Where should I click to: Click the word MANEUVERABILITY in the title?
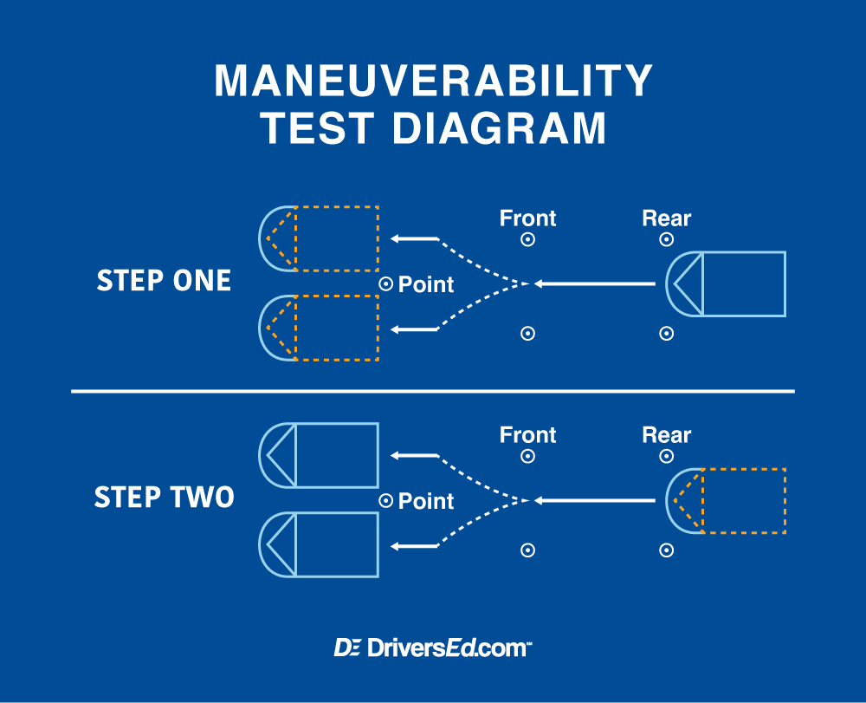point(433,81)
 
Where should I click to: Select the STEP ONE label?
point(164,281)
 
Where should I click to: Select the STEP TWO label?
point(164,498)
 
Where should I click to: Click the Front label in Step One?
point(527,218)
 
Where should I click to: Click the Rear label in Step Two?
point(666,435)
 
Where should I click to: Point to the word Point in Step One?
point(425,284)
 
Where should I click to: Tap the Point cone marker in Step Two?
point(386,500)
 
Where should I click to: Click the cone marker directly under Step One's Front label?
point(527,240)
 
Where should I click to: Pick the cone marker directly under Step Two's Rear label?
point(666,457)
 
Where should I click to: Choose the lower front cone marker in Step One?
point(527,333)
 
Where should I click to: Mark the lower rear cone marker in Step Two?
point(666,550)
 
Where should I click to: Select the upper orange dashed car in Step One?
point(320,238)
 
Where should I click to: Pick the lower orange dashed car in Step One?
point(320,328)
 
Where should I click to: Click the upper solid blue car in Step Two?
point(320,455)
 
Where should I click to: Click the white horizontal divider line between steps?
point(433,392)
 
